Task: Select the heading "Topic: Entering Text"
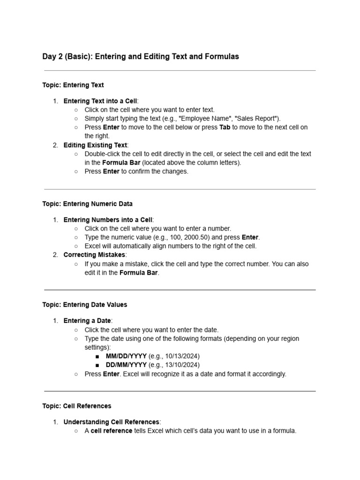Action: click(x=73, y=85)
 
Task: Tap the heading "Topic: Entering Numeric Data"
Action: click(x=87, y=204)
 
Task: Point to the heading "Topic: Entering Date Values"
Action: click(x=84, y=305)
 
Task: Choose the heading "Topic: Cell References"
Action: click(x=76, y=406)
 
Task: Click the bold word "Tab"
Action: click(x=225, y=127)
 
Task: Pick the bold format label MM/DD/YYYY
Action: click(x=126, y=356)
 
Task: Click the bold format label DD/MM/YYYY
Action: click(x=126, y=365)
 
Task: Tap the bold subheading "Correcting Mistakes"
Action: click(x=94, y=255)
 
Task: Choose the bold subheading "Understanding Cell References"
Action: click(x=112, y=422)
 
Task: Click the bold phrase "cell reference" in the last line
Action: click(x=112, y=430)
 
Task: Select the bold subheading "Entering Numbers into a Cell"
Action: click(x=108, y=220)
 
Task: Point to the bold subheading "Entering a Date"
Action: click(x=87, y=321)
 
